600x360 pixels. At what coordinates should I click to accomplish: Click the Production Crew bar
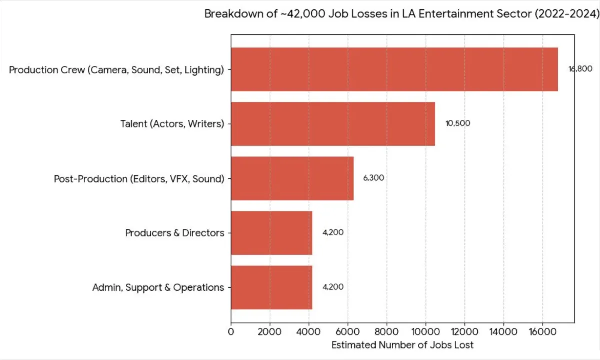pos(394,69)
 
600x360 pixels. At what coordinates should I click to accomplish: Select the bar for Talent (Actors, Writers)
pos(333,124)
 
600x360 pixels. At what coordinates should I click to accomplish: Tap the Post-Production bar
pos(292,178)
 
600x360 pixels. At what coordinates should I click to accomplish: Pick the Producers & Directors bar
pos(271,233)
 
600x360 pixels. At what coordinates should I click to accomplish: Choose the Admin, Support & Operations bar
pos(271,287)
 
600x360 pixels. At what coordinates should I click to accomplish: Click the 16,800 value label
pos(580,69)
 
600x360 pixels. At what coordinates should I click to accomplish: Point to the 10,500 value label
pos(458,123)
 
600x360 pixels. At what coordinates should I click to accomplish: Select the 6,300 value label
pos(373,178)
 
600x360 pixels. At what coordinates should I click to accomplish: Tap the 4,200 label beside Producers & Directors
pos(333,232)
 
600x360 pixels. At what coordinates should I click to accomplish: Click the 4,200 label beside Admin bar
pos(333,287)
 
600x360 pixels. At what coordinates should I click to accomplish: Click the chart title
pos(401,14)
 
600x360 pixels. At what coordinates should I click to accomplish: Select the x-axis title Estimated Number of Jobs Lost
pos(402,345)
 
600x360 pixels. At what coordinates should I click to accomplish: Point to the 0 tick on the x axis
pos(231,331)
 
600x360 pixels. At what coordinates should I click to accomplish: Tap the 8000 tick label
pos(387,331)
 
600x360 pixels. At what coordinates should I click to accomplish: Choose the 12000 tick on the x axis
pos(465,331)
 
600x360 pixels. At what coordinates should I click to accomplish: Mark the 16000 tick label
pos(543,331)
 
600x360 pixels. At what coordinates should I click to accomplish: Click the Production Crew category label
pos(116,70)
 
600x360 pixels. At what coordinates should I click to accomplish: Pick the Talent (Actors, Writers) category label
pos(172,124)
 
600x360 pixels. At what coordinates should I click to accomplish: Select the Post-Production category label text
pos(139,178)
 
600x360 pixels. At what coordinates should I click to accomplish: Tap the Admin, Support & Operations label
pos(158,287)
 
